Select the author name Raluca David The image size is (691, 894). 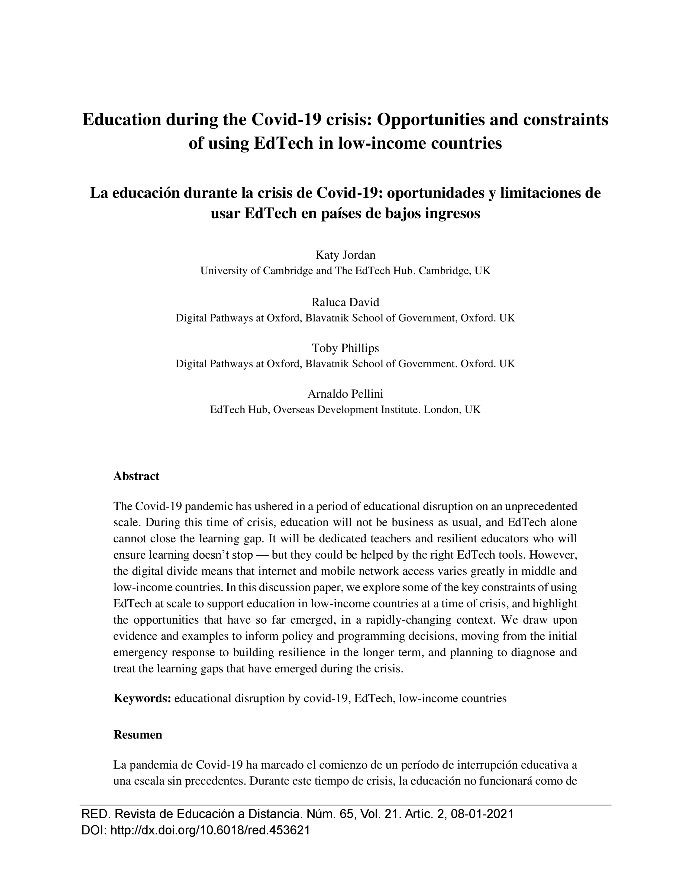[x=345, y=302]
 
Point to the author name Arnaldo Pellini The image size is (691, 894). [x=345, y=394]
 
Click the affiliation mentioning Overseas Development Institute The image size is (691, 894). [x=345, y=410]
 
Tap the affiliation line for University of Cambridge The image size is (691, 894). [x=345, y=271]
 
